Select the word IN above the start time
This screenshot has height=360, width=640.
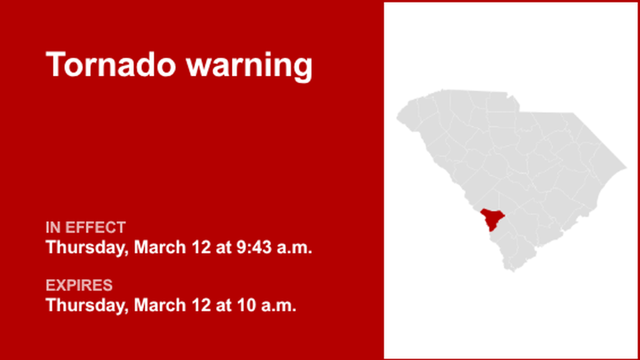pyautogui.click(x=53, y=228)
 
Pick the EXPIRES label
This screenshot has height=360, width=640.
pyautogui.click(x=79, y=285)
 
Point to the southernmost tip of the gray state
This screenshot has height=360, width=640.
pyautogui.click(x=511, y=271)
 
